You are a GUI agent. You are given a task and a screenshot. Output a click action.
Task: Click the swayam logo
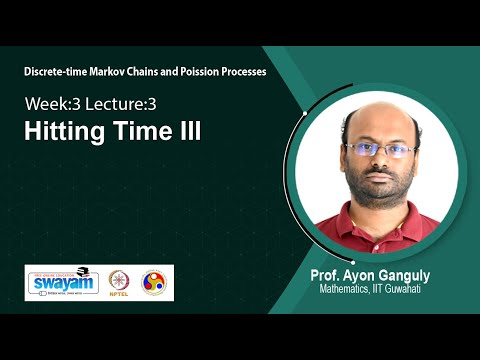63,283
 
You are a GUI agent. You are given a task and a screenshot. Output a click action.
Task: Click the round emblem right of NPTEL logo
155,282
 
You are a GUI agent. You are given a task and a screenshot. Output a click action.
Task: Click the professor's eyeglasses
381,151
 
